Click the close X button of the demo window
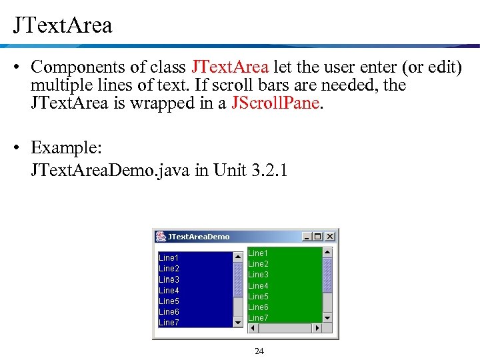click(x=330, y=237)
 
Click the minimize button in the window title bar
click(x=307, y=237)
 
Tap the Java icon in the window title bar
click(x=161, y=237)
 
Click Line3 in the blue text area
click(x=169, y=279)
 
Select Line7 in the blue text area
click(x=169, y=323)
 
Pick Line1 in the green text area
click(x=258, y=253)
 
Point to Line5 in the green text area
click(x=258, y=297)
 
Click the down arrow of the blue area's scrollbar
click(x=239, y=323)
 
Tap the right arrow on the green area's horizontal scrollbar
click(x=317, y=328)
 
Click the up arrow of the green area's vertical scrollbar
click(x=327, y=253)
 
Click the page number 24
click(x=259, y=351)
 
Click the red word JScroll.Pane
click(x=275, y=104)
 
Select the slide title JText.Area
click(x=63, y=25)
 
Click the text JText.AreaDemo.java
click(x=111, y=171)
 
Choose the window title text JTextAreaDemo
click(x=199, y=237)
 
